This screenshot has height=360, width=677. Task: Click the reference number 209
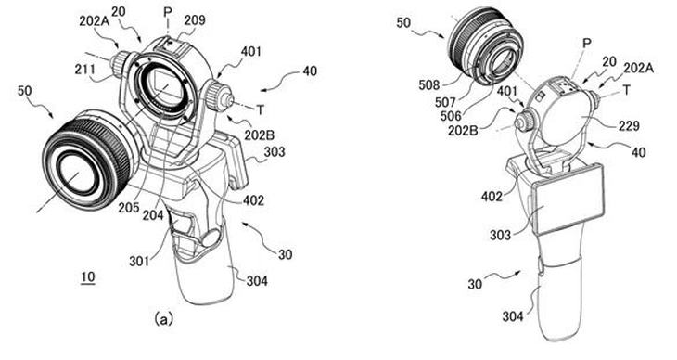[195, 20]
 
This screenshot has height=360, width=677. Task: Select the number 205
[129, 208]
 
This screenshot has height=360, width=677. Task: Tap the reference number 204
[153, 214]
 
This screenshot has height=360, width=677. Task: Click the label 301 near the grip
[139, 261]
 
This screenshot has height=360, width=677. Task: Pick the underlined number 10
[88, 276]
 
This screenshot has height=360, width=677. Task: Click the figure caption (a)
[163, 319]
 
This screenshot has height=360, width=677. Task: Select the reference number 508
[429, 85]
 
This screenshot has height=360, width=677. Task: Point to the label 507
[445, 102]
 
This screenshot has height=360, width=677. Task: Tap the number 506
[452, 115]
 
